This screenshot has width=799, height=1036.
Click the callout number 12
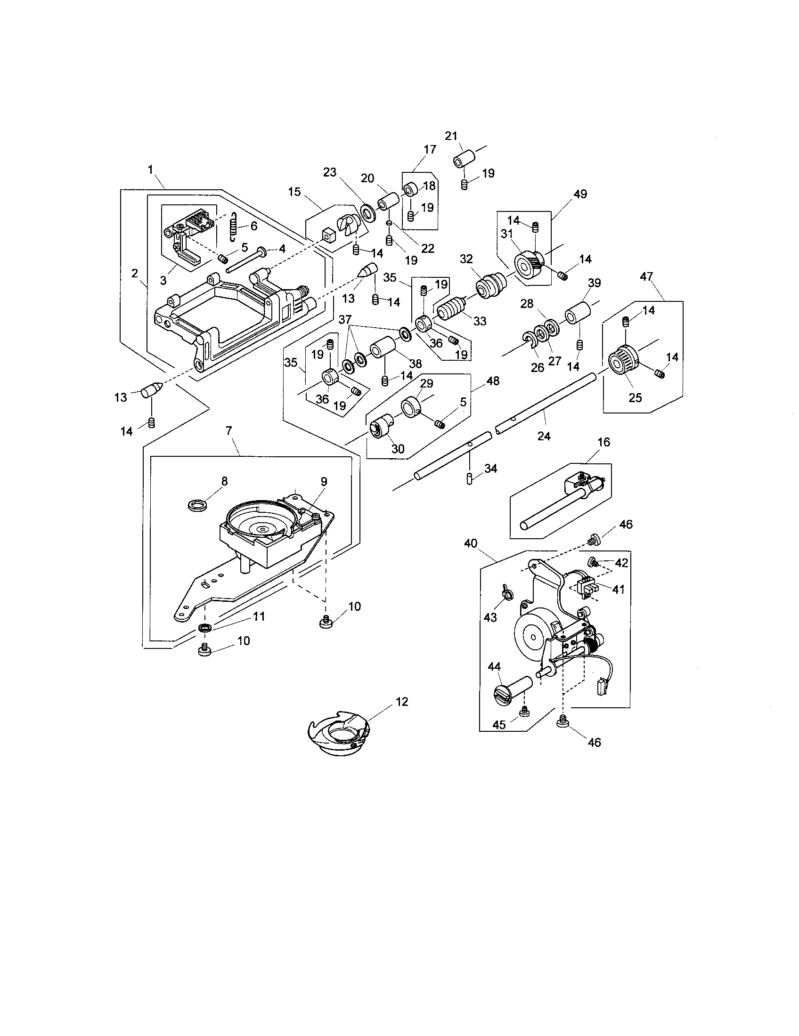pos(401,702)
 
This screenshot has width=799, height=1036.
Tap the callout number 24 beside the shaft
pos(544,436)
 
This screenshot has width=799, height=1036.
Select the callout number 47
pos(647,276)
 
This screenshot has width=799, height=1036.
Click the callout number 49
pos(580,194)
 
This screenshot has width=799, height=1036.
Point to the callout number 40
pos(470,543)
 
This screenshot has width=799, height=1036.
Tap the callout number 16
pos(603,442)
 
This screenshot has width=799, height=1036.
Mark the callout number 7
pos(228,431)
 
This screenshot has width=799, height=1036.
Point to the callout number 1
pos(150,170)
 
